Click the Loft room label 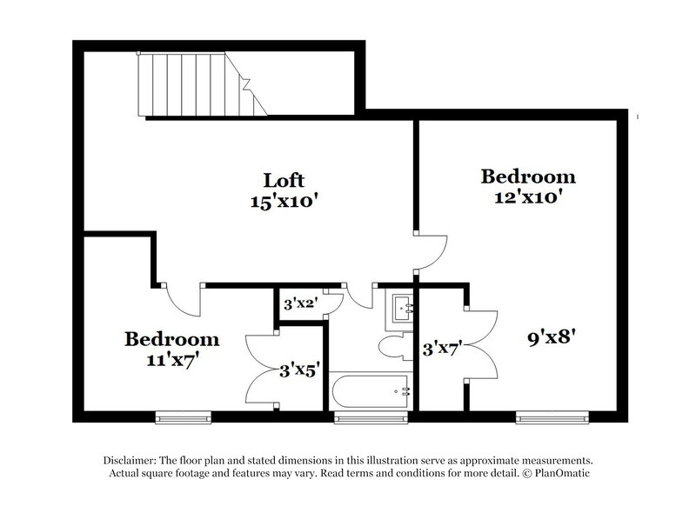[284, 180]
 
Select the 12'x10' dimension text [528, 196]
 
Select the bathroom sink [403, 306]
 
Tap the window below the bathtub [359, 418]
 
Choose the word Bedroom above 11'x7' [171, 337]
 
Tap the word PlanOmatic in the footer [572, 474]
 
